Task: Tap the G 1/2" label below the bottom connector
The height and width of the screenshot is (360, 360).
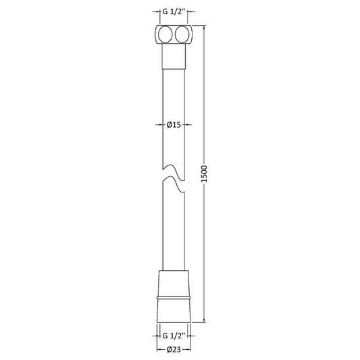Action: [176, 335]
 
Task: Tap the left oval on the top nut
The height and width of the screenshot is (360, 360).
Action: [167, 35]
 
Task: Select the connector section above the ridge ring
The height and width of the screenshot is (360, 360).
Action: [176, 282]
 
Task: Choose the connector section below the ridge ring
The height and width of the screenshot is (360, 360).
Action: [176, 308]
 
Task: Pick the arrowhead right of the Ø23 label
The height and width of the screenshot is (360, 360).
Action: [191, 349]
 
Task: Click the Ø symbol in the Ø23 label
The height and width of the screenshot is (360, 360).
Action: [170, 349]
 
